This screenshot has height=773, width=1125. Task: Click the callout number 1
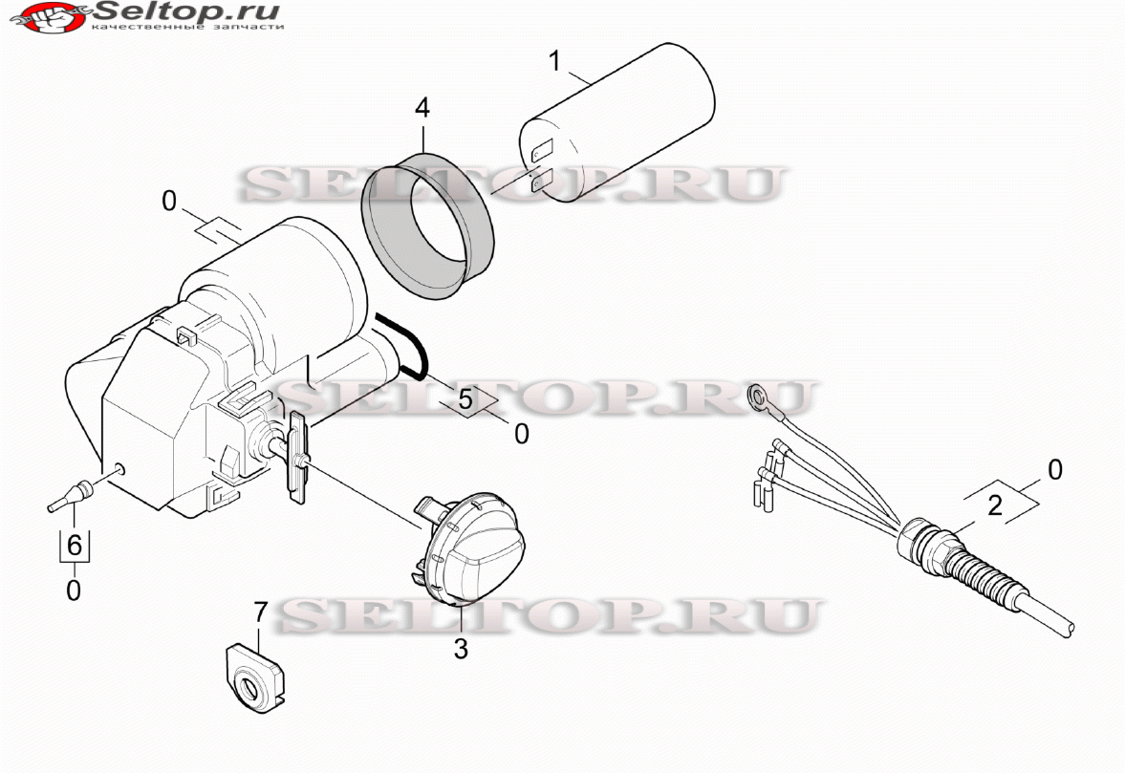(553, 61)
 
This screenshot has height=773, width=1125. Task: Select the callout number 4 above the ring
(422, 108)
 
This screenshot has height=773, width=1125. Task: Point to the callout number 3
(461, 649)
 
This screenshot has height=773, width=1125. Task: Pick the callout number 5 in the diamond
(466, 399)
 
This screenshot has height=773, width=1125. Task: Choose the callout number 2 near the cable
(995, 505)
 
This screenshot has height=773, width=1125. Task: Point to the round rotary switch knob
(470, 548)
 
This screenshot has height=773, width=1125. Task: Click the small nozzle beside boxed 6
(71, 496)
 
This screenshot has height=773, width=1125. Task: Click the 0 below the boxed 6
(74, 591)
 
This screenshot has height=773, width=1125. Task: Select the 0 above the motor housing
(168, 202)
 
